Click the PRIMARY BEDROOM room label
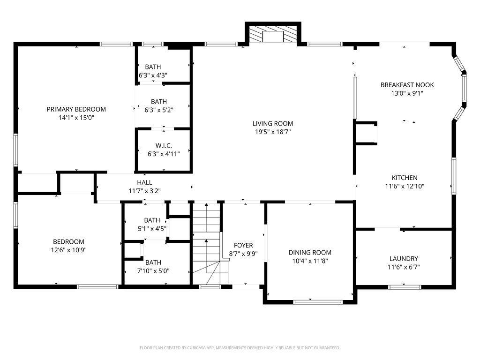[76, 109]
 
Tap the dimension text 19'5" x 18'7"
[273, 132]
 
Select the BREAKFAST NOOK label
[407, 85]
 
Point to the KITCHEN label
[405, 178]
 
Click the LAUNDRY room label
[404, 259]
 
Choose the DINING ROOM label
[310, 253]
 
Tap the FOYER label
[243, 245]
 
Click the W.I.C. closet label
[164, 146]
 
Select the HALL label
[144, 182]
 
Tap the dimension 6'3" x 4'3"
[153, 75]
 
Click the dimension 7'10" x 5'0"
[153, 271]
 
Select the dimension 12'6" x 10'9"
[68, 250]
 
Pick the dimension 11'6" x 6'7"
[404, 267]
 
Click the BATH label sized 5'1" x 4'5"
[152, 220]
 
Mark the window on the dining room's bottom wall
[318, 302]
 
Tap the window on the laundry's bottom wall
[405, 287]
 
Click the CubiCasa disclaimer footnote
[240, 348]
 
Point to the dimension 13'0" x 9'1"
[407, 93]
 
